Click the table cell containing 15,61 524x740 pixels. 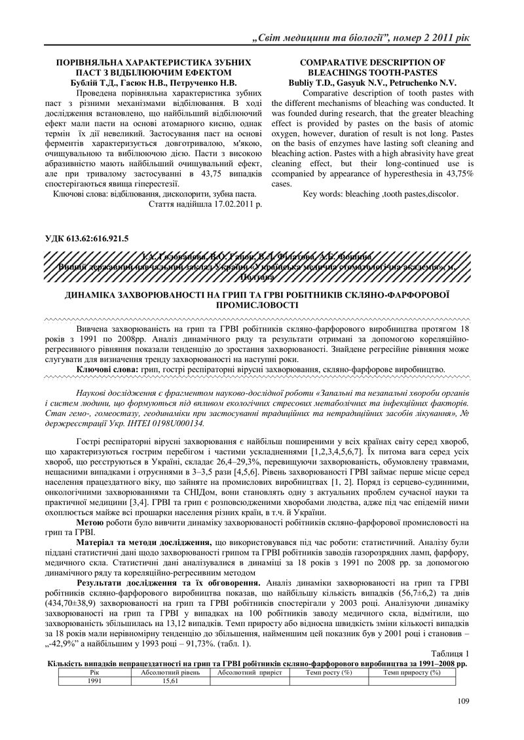coord(170,681)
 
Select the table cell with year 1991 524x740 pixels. coord(94,681)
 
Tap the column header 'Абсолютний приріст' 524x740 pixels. coord(249,673)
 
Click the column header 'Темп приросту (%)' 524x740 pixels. coord(411,673)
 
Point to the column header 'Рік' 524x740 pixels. coord(94,673)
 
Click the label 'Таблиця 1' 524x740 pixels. coord(451,654)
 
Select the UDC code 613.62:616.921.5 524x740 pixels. coord(96,238)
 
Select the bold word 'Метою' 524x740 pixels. coord(90,523)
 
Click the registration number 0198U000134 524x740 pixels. coord(140,423)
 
